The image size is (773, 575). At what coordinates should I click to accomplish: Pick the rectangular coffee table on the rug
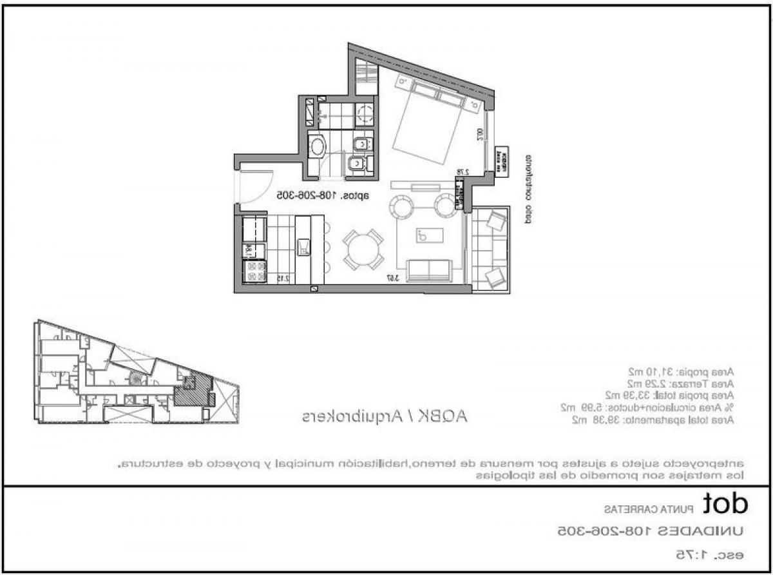(x=431, y=235)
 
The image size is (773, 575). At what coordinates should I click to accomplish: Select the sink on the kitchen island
(x=304, y=247)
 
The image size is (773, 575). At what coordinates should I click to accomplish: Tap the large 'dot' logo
(x=725, y=503)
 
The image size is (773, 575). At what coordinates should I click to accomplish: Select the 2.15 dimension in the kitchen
(x=281, y=278)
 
